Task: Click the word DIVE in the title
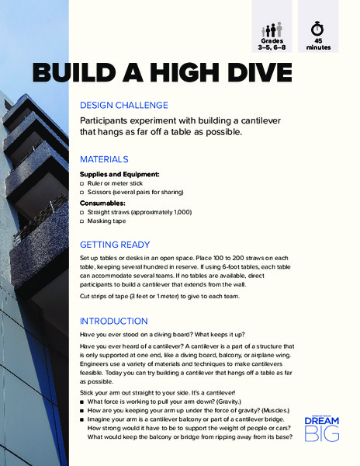(252, 74)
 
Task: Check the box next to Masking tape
(83, 221)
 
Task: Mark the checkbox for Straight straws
(83, 211)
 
